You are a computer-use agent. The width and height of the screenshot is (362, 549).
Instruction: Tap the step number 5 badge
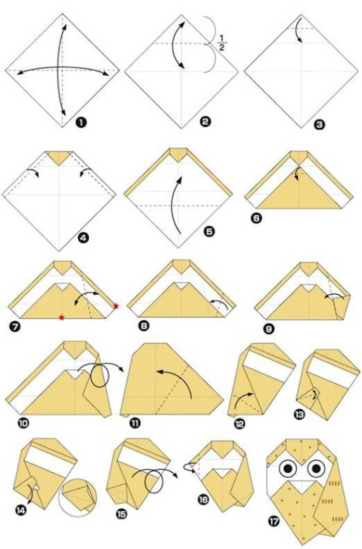coord(209,232)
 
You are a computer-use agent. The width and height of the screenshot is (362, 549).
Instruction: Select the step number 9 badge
coord(269,329)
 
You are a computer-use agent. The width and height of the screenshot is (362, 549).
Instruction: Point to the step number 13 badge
coord(299,414)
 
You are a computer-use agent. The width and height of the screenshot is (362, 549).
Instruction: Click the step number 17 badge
coord(274,522)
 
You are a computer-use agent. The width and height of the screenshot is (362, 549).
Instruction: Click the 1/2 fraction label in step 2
coord(222,43)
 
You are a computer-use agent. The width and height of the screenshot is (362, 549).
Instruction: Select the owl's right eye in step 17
coord(317,467)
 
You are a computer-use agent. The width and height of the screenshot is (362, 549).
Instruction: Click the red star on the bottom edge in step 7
coord(62,317)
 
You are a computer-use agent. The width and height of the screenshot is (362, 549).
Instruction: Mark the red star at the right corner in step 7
coord(116,306)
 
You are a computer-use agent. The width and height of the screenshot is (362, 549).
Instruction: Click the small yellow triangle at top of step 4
coord(59,158)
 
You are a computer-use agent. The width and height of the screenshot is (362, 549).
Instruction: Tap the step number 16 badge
coord(204,499)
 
